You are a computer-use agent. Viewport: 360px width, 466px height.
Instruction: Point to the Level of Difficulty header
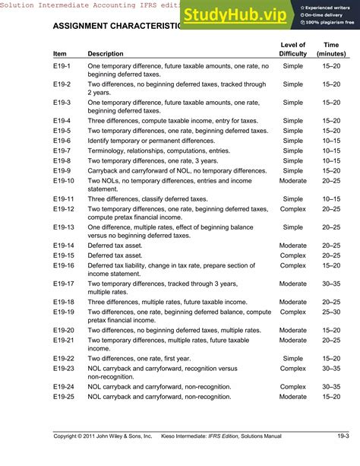click(292, 49)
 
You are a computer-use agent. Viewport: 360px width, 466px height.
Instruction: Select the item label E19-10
click(64, 181)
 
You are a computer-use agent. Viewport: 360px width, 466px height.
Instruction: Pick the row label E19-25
click(64, 397)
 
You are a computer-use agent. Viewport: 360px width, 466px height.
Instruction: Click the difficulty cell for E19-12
click(292, 209)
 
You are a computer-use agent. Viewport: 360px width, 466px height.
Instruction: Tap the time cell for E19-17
click(330, 284)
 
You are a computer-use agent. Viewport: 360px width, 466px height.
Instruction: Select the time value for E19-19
click(330, 312)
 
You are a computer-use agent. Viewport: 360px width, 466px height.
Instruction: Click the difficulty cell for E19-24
click(292, 386)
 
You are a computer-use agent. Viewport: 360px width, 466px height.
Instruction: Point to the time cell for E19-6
click(330, 141)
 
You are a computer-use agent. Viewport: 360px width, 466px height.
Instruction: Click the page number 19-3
click(343, 436)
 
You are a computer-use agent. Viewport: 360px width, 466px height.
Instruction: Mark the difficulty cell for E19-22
click(292, 358)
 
